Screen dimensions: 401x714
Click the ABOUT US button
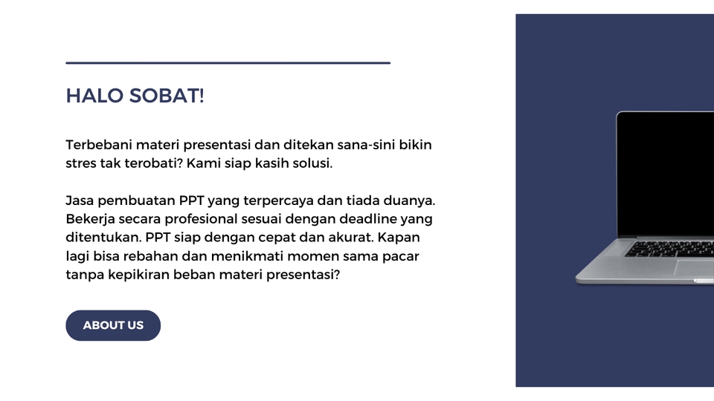[113, 325]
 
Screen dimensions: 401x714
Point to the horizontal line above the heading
[228, 63]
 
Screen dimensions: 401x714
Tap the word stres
[81, 163]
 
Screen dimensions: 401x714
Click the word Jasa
[80, 201]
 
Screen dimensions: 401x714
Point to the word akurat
[350, 238]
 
